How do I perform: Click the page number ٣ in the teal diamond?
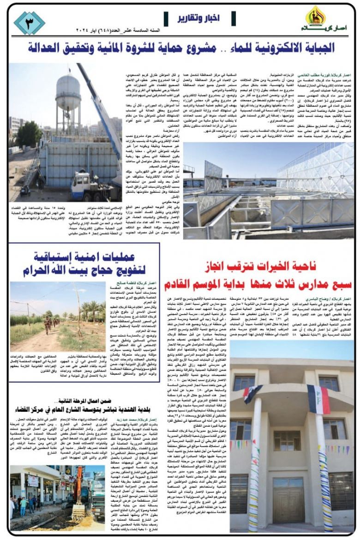click(x=29, y=23)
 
